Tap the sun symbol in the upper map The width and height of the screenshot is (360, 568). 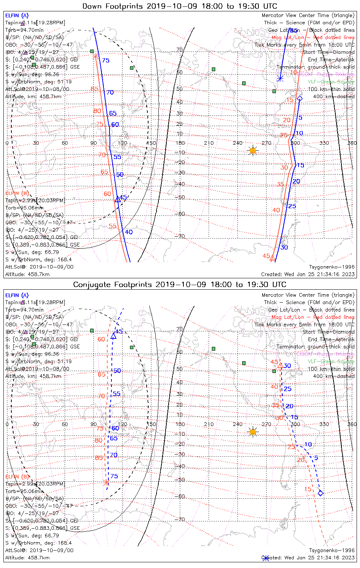coord(253,151)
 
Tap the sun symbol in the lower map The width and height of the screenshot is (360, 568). coord(253,432)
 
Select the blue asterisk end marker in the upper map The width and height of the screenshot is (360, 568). coord(280,79)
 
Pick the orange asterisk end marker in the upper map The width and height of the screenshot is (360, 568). coord(95,56)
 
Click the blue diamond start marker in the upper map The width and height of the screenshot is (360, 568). coord(300,98)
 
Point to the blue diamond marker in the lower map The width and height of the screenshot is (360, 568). coord(321,493)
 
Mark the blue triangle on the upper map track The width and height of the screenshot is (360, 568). coord(117,199)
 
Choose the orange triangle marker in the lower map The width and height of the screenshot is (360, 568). coord(280,365)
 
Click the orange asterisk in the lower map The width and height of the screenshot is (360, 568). coord(106,482)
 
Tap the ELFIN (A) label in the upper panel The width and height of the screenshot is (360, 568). coord(17,16)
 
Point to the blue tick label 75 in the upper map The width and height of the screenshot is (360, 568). coord(106,61)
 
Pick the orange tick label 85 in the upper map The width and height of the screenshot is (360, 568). coord(94,89)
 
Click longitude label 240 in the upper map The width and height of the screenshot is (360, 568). coord(238,143)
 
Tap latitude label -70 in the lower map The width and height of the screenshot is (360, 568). coord(180,520)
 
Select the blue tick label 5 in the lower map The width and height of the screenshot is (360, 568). coord(316,458)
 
